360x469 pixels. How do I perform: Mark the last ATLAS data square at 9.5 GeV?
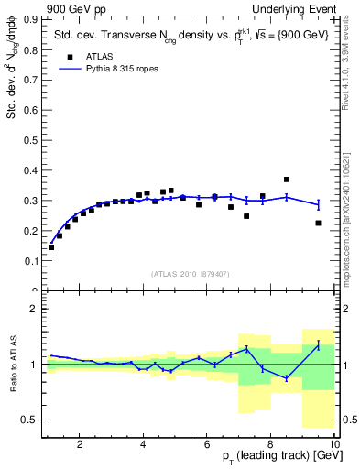[x=318, y=223]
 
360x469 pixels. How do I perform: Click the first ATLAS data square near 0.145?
[x=51, y=247]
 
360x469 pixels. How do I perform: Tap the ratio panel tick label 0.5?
[x=34, y=420]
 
